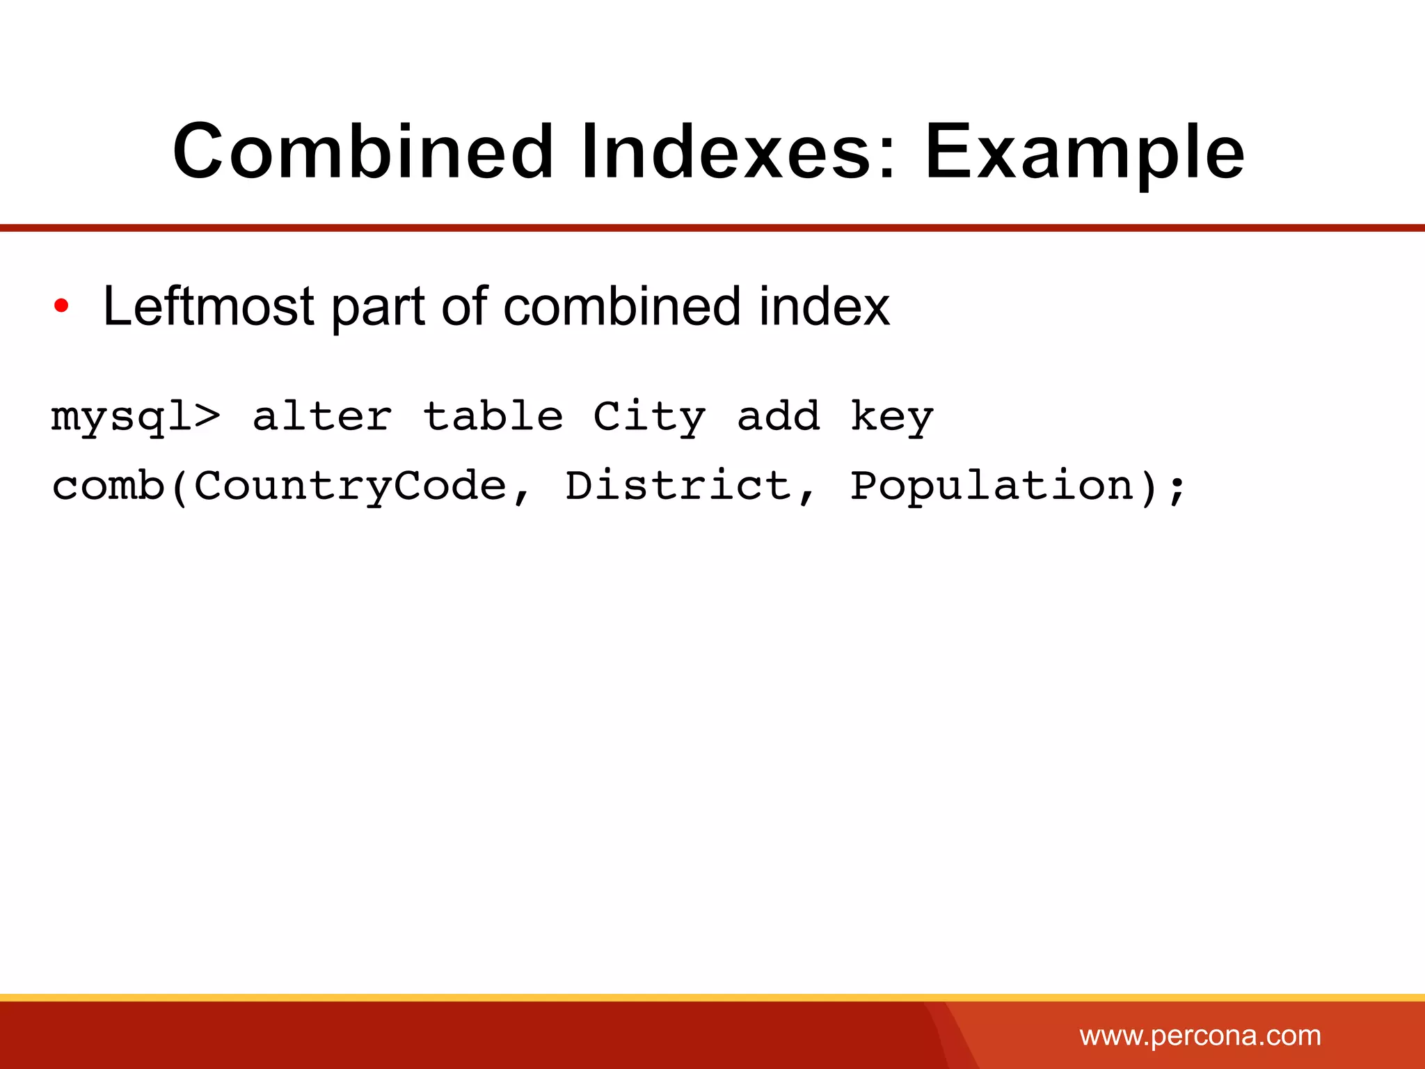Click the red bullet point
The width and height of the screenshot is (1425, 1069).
click(x=61, y=306)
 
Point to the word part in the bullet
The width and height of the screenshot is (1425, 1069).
click(x=378, y=308)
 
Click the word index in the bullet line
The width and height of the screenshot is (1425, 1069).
click(x=824, y=306)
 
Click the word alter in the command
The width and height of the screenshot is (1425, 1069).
click(x=322, y=417)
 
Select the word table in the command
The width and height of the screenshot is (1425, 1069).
click(x=493, y=417)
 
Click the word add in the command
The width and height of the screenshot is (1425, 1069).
click(x=778, y=417)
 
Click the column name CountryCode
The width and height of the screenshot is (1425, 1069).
click(x=350, y=485)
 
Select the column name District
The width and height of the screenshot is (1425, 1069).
click(x=678, y=485)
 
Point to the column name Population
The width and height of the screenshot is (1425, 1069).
click(x=992, y=486)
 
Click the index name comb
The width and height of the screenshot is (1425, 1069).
click(x=109, y=485)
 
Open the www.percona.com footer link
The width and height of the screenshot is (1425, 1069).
click(x=1200, y=1036)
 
